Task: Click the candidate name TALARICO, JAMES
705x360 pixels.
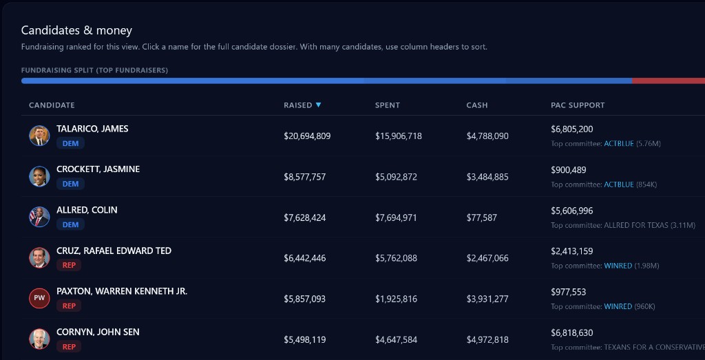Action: (92, 129)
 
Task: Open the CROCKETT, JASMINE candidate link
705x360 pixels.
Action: (98, 169)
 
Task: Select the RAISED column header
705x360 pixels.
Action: (297, 105)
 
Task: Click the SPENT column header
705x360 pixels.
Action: (388, 105)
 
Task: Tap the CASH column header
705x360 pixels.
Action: (477, 105)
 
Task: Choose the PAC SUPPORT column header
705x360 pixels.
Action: (578, 105)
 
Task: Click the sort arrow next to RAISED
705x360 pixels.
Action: (318, 105)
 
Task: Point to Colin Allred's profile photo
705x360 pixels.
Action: (39, 217)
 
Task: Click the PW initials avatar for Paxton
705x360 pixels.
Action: (39, 298)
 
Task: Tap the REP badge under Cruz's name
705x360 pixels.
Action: (69, 265)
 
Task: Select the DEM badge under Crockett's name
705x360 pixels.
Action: (70, 184)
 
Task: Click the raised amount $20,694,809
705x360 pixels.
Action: (307, 136)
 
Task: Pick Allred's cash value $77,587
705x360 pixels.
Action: (481, 218)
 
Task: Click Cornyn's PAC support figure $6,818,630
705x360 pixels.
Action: (571, 332)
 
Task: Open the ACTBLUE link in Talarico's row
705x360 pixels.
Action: (619, 144)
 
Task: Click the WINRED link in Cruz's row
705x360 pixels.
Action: (618, 266)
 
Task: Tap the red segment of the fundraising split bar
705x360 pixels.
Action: (668, 81)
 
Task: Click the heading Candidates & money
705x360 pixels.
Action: (76, 30)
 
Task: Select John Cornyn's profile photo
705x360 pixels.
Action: (39, 339)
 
